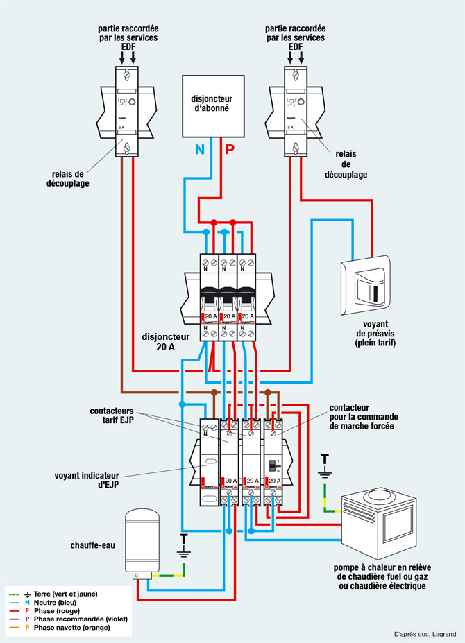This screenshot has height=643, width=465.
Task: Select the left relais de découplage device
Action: (x=126, y=111)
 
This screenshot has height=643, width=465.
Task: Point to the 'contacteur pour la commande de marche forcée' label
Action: (x=362, y=416)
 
